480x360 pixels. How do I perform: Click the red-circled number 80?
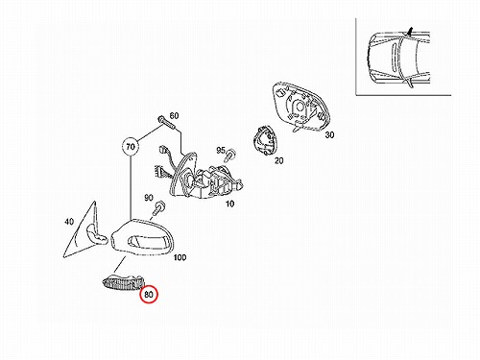pos(149,294)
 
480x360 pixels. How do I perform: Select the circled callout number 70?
pos(131,147)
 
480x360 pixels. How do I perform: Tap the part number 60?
pos(174,115)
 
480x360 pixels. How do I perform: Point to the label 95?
pos(221,150)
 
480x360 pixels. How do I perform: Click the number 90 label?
pos(149,198)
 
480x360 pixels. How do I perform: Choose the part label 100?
pos(180,257)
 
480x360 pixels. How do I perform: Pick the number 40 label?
pos(69,222)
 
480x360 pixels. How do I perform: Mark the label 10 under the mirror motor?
pos(229,204)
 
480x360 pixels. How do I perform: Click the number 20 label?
pos(278,160)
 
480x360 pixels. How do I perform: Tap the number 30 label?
pos(329,135)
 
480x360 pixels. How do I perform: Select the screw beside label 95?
pos(230,155)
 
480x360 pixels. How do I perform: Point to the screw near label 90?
pos(158,208)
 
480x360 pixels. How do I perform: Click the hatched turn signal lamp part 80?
pos(124,282)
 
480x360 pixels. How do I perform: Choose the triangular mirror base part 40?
pos(84,231)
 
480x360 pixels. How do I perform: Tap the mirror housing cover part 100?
pos(142,238)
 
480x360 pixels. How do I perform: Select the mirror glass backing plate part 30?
pos(301,107)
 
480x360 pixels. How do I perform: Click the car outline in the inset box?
pos(397,58)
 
